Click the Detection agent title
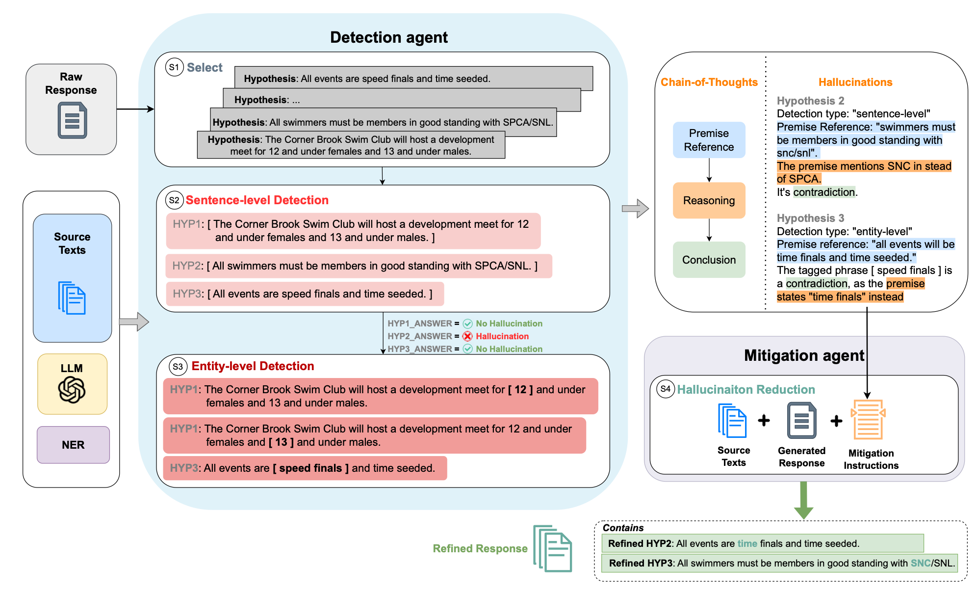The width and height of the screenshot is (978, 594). (x=388, y=37)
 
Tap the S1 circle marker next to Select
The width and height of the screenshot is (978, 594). (x=174, y=67)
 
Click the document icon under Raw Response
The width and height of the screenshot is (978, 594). (x=72, y=120)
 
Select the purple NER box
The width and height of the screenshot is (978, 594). (x=73, y=445)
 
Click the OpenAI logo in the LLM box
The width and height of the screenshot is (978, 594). (x=72, y=390)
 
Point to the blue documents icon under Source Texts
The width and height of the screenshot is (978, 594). (x=72, y=298)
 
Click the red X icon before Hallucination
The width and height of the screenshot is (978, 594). (x=468, y=336)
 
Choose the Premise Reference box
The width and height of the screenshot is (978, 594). (x=709, y=140)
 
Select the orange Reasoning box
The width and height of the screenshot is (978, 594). (x=709, y=200)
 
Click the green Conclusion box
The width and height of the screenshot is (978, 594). (x=709, y=260)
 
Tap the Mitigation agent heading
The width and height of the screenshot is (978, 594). (x=803, y=355)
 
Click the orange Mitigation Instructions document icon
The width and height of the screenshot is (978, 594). (x=868, y=420)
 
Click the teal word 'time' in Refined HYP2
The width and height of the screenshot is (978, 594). (x=747, y=543)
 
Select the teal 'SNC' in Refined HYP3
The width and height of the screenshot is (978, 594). (x=920, y=563)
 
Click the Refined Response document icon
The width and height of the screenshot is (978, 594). (x=553, y=548)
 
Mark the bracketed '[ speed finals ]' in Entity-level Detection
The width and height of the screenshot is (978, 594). (x=310, y=468)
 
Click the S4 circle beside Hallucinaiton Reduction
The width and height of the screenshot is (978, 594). (x=665, y=389)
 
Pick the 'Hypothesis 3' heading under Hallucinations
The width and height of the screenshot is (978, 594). (x=810, y=218)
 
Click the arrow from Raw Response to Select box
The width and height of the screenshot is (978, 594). (x=135, y=109)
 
